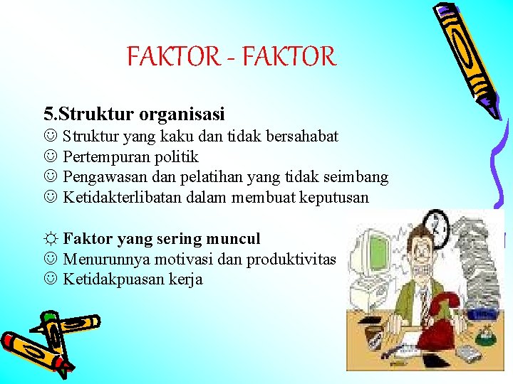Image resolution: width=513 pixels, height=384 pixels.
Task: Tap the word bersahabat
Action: pyautogui.click(x=304, y=136)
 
